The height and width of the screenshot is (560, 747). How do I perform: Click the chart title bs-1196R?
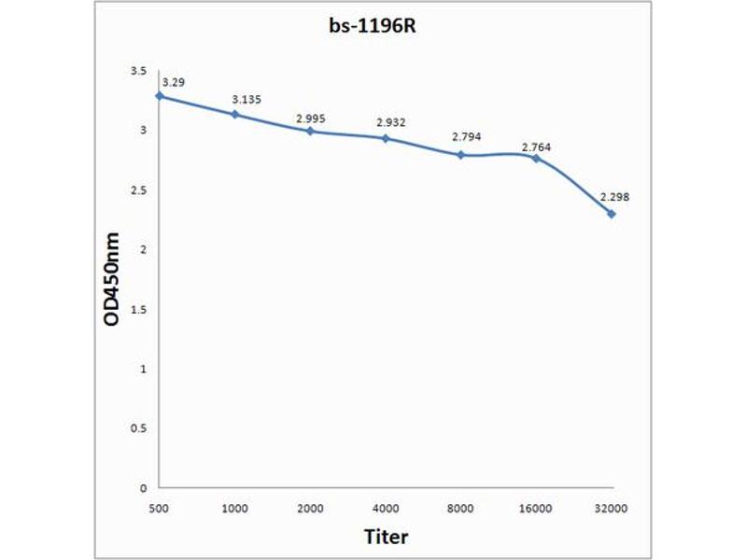[x=373, y=26]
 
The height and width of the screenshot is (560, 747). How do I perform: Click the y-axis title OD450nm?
[x=111, y=279]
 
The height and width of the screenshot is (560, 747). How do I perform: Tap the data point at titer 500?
[x=161, y=95]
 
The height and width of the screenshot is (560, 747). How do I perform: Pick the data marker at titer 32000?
[x=612, y=214]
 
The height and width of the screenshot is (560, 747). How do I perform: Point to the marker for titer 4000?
[x=386, y=138]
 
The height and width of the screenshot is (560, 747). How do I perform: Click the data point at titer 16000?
[x=536, y=158]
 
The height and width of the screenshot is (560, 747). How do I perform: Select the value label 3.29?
[x=173, y=82]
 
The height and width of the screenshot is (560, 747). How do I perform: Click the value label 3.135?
[x=247, y=100]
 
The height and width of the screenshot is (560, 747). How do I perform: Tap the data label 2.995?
[x=311, y=119]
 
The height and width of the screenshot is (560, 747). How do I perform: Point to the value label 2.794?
[x=467, y=137]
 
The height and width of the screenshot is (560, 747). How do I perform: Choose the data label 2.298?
[x=614, y=197]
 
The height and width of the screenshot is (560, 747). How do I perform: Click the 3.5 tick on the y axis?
[x=138, y=71]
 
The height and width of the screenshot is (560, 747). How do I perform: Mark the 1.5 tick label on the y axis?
[x=138, y=309]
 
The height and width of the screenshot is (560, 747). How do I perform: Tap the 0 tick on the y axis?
[x=143, y=487]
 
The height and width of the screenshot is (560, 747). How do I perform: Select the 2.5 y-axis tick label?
[x=138, y=190]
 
